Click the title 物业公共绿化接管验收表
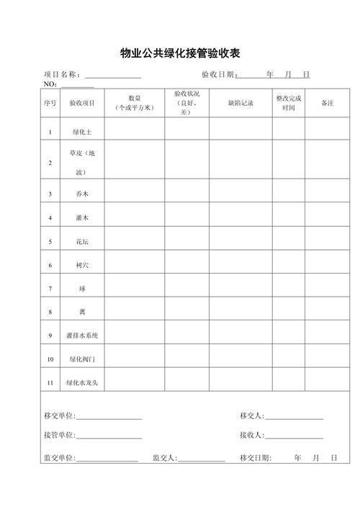coord(180,53)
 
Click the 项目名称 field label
coord(64,75)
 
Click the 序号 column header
coord(50,104)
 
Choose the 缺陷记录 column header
coord(240,104)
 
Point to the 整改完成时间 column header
coord(288,103)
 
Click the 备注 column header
coord(327,104)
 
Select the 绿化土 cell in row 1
coord(81,132)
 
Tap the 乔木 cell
coord(81,194)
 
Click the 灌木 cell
coord(81,217)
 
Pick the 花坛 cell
coord(81,242)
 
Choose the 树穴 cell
coord(81,265)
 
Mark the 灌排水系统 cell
coord(81,335)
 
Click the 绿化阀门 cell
coord(81,359)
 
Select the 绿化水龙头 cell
coord(81,382)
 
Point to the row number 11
coord(50,382)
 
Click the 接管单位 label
coord(60,436)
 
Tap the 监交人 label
coord(165,458)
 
